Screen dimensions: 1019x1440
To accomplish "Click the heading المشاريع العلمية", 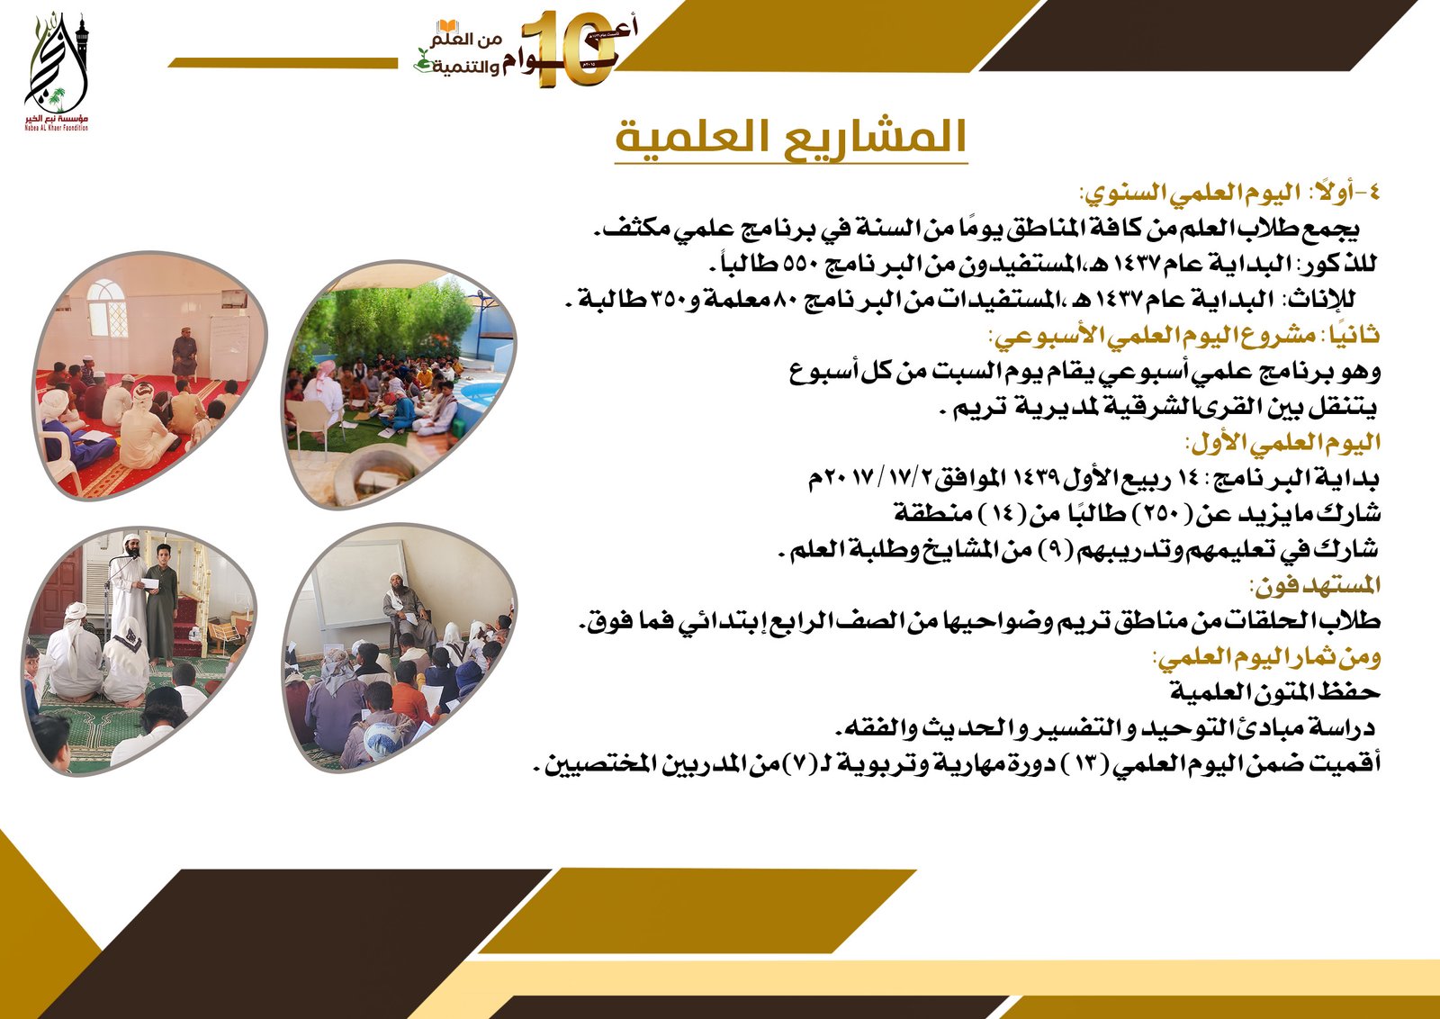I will [x=790, y=137].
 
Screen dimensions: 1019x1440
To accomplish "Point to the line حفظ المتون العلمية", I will [x=1274, y=692].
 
